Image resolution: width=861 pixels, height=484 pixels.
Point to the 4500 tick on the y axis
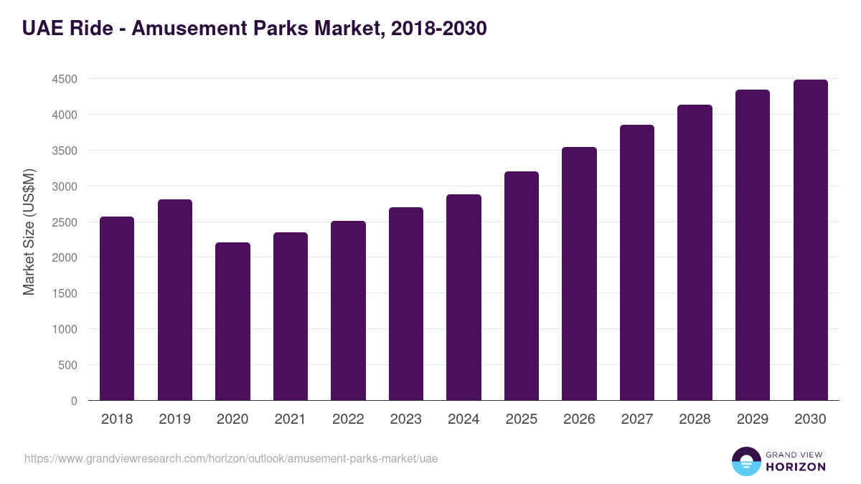click(65, 79)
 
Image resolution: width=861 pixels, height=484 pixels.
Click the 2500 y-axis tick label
click(65, 222)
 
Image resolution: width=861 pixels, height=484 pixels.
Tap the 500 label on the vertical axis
click(68, 365)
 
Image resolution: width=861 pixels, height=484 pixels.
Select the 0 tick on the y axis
click(74, 401)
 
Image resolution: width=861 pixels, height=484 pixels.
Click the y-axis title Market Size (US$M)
click(29, 232)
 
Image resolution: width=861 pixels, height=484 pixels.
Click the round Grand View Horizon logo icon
click(745, 461)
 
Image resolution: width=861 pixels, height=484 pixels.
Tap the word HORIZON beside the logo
click(795, 467)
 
